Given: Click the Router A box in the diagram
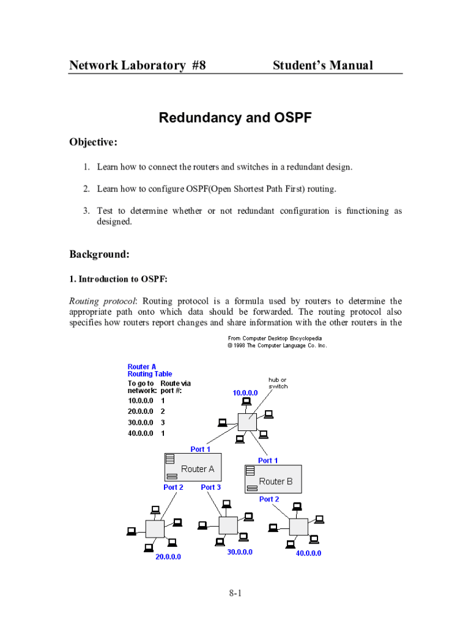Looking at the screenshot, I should (x=193, y=468).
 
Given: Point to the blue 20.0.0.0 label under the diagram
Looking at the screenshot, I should (x=168, y=557).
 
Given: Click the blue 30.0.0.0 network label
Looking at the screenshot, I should (x=239, y=552).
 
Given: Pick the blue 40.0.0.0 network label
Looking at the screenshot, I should (x=308, y=553).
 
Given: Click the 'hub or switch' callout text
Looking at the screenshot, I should (x=278, y=383).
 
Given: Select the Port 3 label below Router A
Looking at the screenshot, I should (x=211, y=487).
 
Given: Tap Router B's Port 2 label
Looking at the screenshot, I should (x=269, y=499).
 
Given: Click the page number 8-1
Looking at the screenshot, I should (x=236, y=593).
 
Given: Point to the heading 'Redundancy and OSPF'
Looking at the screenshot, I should (x=236, y=118).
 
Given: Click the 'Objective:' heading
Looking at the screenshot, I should (x=94, y=142).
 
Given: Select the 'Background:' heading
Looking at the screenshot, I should (x=99, y=253).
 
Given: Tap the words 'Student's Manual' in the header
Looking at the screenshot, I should (x=322, y=66).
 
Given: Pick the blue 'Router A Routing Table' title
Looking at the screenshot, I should (x=150, y=370).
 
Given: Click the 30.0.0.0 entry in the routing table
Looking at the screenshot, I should (x=141, y=422).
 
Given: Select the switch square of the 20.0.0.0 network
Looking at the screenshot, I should (x=155, y=528).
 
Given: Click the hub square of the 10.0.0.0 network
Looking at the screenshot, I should (x=247, y=422).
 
